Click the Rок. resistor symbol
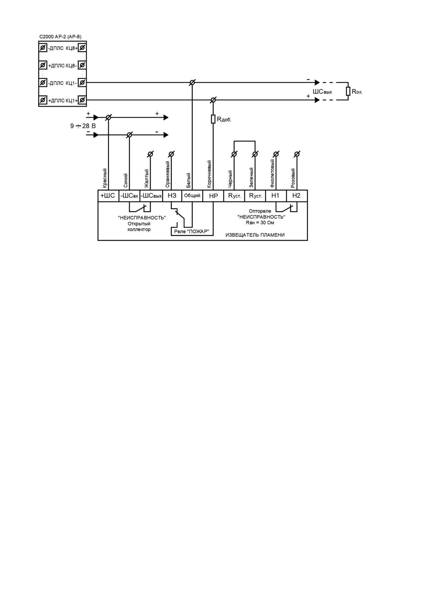(348, 91)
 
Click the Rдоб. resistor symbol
(213, 119)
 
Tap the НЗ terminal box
(172, 196)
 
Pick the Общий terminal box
(192, 196)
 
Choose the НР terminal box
(213, 196)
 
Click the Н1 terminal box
(276, 196)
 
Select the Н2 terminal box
(297, 196)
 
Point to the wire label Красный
(105, 178)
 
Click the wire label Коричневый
(209, 174)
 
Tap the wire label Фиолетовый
(272, 173)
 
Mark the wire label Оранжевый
(168, 174)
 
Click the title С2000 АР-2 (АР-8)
(61, 36)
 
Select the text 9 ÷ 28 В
(83, 126)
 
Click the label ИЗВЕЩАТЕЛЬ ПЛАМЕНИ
(255, 235)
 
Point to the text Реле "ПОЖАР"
(191, 231)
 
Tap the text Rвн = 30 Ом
(260, 223)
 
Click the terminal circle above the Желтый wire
(150, 154)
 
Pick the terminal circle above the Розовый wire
(297, 154)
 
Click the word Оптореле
(260, 211)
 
